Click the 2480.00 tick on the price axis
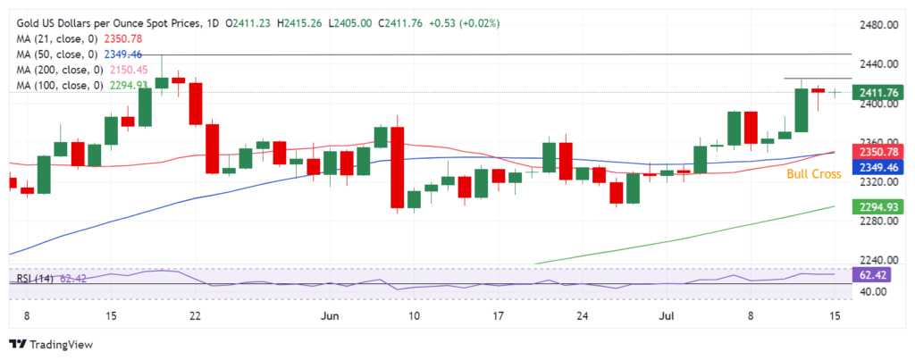(879, 25)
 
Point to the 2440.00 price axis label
(879, 64)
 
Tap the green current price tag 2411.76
(878, 92)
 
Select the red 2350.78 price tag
(878, 151)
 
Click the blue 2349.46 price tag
(878, 167)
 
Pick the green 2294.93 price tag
(878, 207)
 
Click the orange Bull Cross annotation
(813, 174)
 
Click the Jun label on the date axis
(330, 315)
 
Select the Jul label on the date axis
(666, 315)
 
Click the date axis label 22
(196, 315)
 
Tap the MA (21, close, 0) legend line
(80, 39)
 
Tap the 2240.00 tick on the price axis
(879, 261)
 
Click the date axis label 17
(498, 315)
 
